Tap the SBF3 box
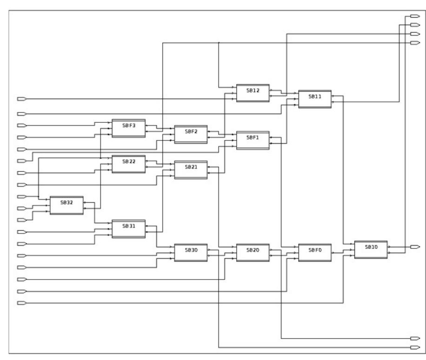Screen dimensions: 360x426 [128, 128]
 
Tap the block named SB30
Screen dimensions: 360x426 [191, 252]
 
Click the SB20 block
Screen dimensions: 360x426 [253, 252]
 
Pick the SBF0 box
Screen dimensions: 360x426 [315, 252]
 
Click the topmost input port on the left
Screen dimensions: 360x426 [21, 99]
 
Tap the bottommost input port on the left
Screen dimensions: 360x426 [21, 303]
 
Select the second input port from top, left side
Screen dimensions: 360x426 [21, 113]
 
